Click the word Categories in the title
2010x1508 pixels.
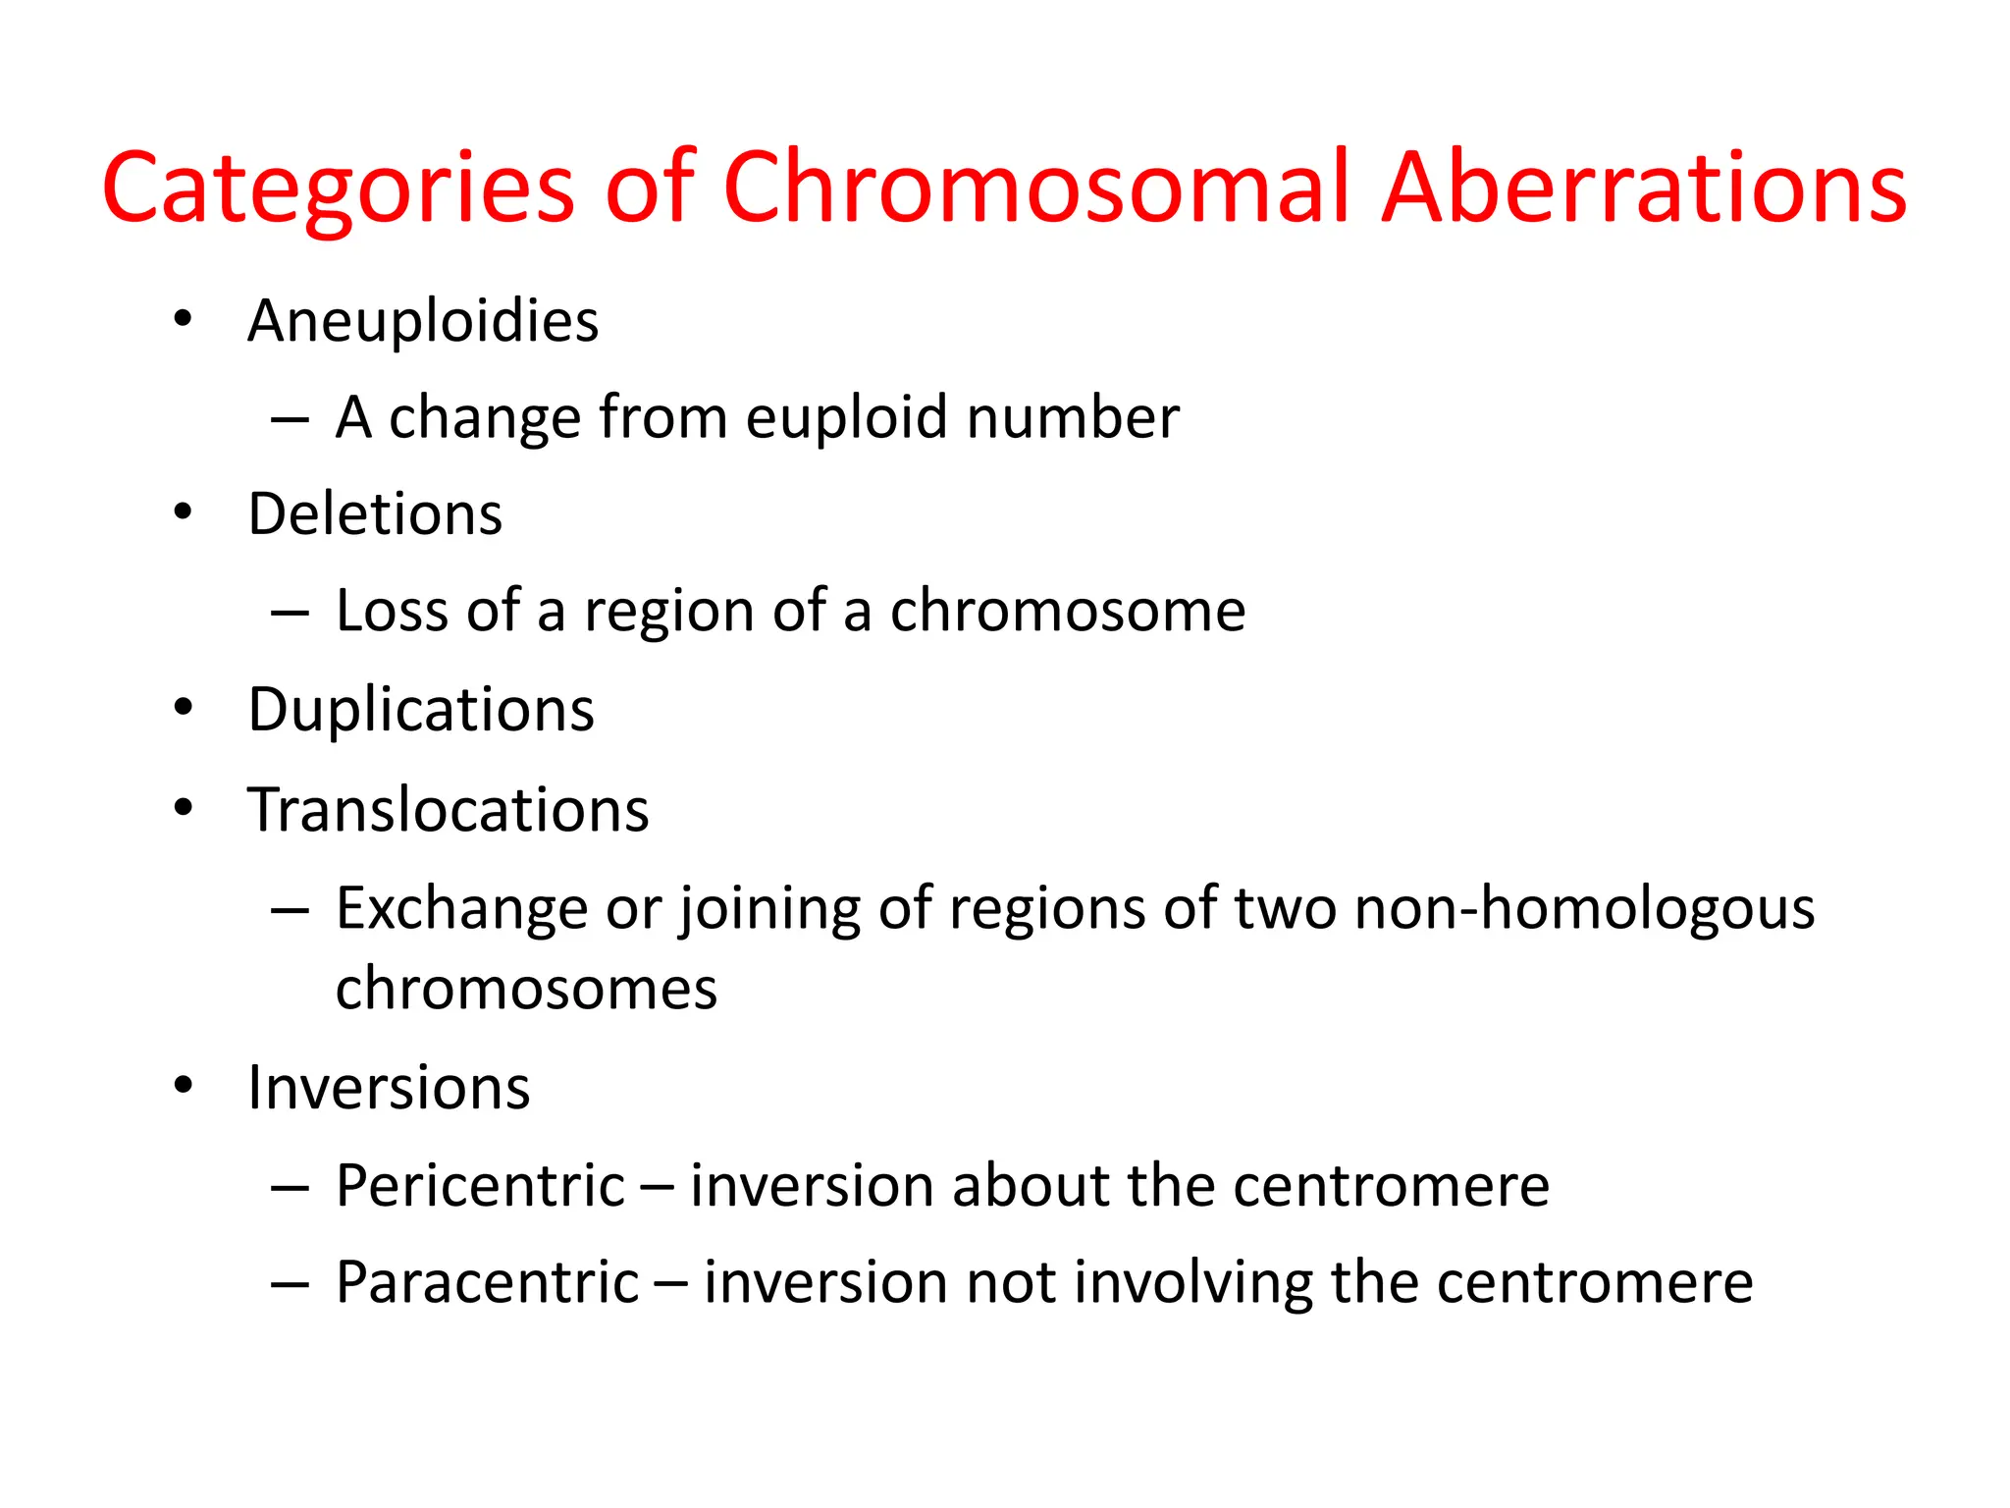338,188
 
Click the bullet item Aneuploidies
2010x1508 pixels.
423,321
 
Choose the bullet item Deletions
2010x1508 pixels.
375,513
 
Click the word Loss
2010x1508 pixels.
393,611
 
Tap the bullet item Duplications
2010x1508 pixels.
421,709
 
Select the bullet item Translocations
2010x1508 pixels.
449,810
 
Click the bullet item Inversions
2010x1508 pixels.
389,1088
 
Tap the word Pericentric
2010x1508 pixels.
480,1185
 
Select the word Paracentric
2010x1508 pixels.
487,1282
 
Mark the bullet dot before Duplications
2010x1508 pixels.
183,708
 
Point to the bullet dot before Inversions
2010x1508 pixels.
183,1086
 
